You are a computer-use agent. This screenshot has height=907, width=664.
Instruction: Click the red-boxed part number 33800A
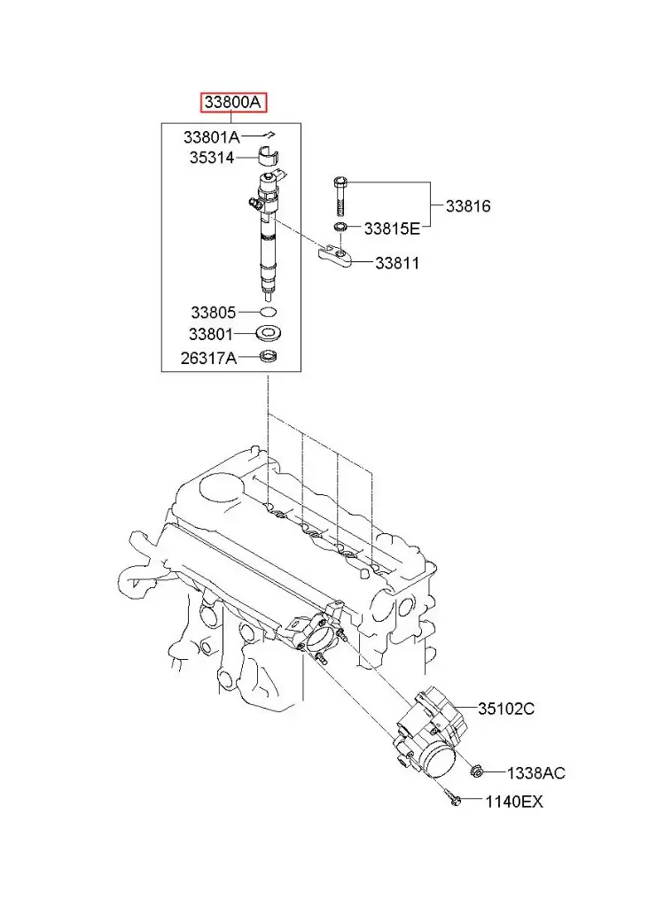click(233, 103)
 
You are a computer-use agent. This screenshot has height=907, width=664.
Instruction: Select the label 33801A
click(211, 137)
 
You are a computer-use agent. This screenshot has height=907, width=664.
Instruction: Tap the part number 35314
click(211, 158)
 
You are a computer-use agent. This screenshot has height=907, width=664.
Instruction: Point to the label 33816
click(467, 206)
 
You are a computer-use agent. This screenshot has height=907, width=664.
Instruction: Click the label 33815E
click(392, 229)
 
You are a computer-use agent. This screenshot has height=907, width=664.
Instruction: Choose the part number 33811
click(396, 263)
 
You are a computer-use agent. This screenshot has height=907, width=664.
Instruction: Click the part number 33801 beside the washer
click(211, 334)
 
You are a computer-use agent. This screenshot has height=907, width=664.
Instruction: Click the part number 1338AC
click(535, 773)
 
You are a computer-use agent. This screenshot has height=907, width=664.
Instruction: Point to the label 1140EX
click(514, 802)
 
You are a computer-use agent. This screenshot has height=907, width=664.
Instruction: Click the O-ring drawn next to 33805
click(269, 312)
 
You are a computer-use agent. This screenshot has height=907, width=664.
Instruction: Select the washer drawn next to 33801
click(268, 334)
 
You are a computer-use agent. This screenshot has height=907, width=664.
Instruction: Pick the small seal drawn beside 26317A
click(268, 357)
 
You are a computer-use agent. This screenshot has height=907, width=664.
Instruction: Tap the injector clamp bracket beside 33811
click(337, 256)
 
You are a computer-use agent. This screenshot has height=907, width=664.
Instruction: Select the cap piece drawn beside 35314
click(268, 159)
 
